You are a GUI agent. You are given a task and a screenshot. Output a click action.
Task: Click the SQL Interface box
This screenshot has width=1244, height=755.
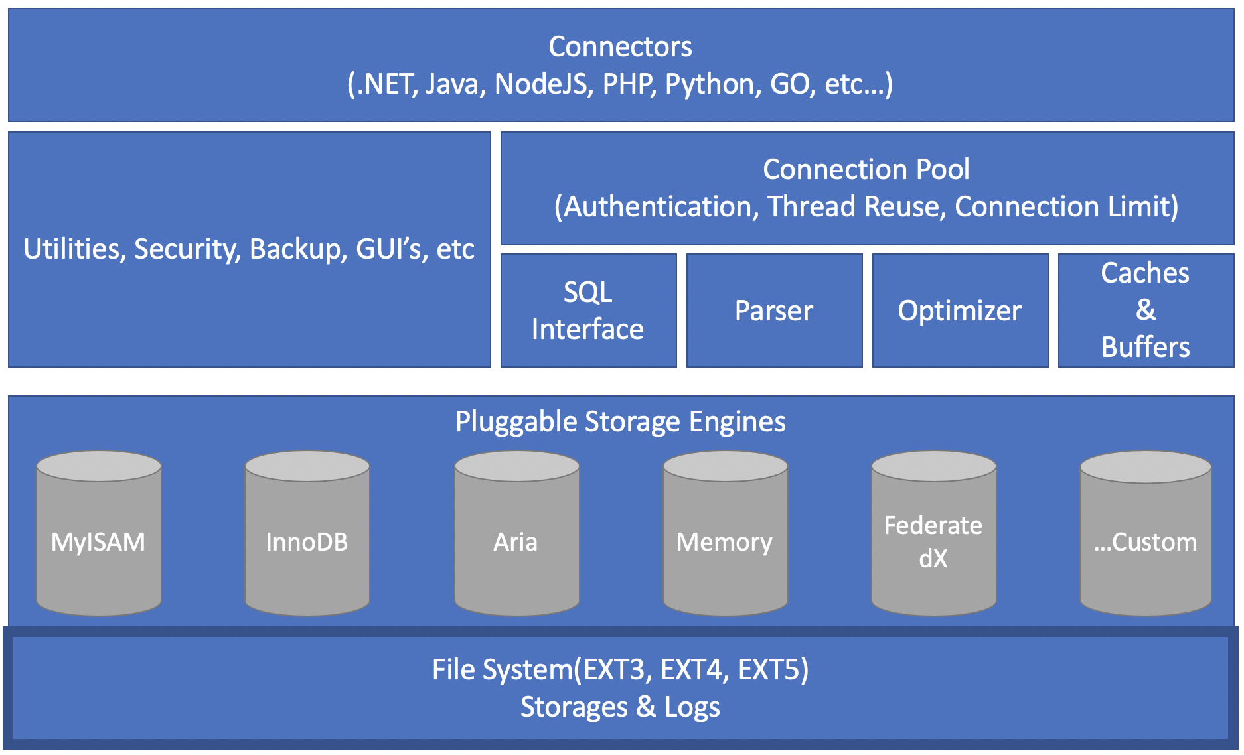588,310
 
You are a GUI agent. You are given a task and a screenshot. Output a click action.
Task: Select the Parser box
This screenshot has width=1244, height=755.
774,310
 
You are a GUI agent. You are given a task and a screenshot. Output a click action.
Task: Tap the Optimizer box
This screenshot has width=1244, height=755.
960,310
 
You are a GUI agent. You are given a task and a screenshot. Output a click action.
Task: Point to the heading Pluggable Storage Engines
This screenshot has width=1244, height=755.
620,422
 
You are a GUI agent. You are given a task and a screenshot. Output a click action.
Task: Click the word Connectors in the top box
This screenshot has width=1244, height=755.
620,47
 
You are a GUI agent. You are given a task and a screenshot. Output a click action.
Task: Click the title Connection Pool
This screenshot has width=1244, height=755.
866,170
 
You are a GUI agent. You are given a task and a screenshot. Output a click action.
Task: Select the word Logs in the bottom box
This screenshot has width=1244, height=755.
692,707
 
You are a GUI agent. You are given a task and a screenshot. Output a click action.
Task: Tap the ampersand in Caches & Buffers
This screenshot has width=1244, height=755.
1146,310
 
